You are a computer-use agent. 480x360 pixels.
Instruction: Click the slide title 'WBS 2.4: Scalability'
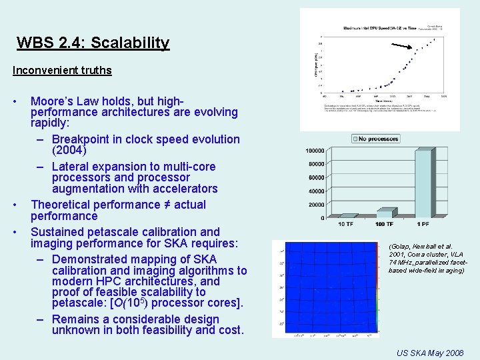(x=93, y=43)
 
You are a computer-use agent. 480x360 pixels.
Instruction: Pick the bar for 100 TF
(x=385, y=213)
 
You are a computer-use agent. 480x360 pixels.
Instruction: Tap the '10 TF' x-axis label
(x=346, y=225)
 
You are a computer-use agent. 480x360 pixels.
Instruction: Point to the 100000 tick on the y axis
(x=315, y=151)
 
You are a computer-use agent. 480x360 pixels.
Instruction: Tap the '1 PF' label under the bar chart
(x=422, y=225)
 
